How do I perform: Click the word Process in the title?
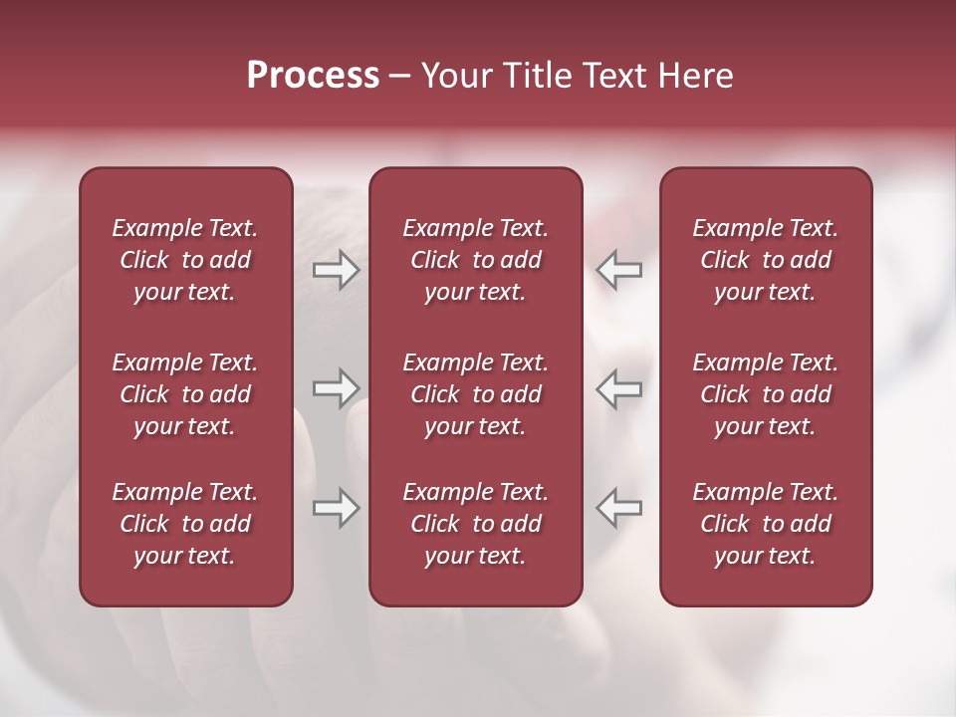click(x=313, y=76)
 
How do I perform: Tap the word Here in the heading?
click(x=697, y=76)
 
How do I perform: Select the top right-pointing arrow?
click(x=336, y=270)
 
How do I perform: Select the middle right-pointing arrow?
click(x=336, y=387)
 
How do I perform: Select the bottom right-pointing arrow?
click(x=336, y=508)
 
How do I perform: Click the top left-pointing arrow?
click(x=619, y=270)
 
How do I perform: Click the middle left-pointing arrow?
click(x=619, y=387)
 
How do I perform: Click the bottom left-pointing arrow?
click(x=619, y=508)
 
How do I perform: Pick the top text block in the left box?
click(x=185, y=260)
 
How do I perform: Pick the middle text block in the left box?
click(x=185, y=394)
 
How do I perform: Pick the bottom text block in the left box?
click(x=185, y=524)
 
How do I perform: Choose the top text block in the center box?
click(x=475, y=260)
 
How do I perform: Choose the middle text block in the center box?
click(x=475, y=394)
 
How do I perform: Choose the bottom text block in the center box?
click(x=475, y=524)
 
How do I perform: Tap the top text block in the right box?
click(x=765, y=260)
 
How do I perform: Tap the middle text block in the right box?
click(x=765, y=394)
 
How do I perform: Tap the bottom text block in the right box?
click(x=765, y=524)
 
